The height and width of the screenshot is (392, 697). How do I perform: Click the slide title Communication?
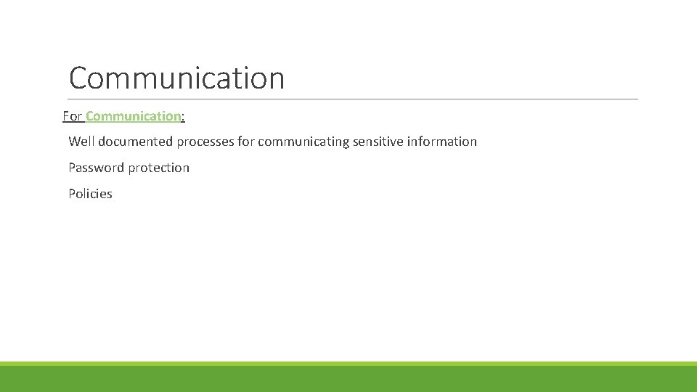pyautogui.click(x=176, y=78)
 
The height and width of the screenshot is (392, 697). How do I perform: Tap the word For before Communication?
pyautogui.click(x=73, y=116)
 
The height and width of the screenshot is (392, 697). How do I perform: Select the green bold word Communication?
pyautogui.click(x=133, y=116)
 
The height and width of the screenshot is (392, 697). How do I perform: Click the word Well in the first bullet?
pyautogui.click(x=81, y=142)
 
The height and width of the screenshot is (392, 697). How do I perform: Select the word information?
pyautogui.click(x=442, y=142)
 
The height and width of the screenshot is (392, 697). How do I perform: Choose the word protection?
pyautogui.click(x=159, y=168)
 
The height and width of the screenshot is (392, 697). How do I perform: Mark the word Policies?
pyautogui.click(x=90, y=194)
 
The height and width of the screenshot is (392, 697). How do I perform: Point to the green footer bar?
pyautogui.click(x=348, y=377)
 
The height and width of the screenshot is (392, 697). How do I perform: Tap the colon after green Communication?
pyautogui.click(x=183, y=117)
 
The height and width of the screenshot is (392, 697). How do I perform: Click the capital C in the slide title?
pyautogui.click(x=79, y=78)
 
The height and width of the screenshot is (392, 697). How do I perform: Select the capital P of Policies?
pyautogui.click(x=72, y=194)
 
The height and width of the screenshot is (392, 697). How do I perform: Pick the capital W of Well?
pyautogui.click(x=74, y=142)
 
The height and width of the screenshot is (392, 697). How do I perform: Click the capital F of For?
pyautogui.click(x=67, y=116)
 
